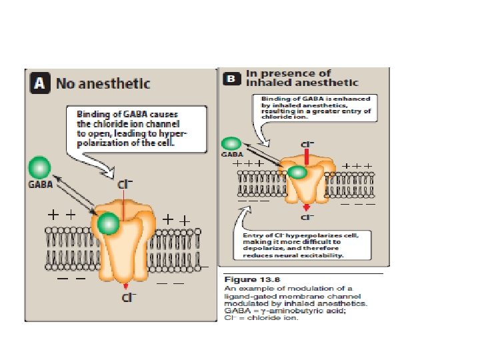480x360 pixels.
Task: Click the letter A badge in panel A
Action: pyautogui.click(x=40, y=84)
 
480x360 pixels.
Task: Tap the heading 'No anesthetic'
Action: pyautogui.click(x=103, y=84)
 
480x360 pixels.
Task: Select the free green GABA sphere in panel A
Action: pyautogui.click(x=40, y=167)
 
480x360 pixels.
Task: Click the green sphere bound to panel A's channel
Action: pyautogui.click(x=108, y=224)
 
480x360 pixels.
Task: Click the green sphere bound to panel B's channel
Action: pyautogui.click(x=298, y=173)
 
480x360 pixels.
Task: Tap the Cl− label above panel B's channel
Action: pyautogui.click(x=307, y=143)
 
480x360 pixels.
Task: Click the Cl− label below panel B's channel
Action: pyautogui.click(x=307, y=217)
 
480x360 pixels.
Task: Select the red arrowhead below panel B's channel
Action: pyautogui.click(x=307, y=207)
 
